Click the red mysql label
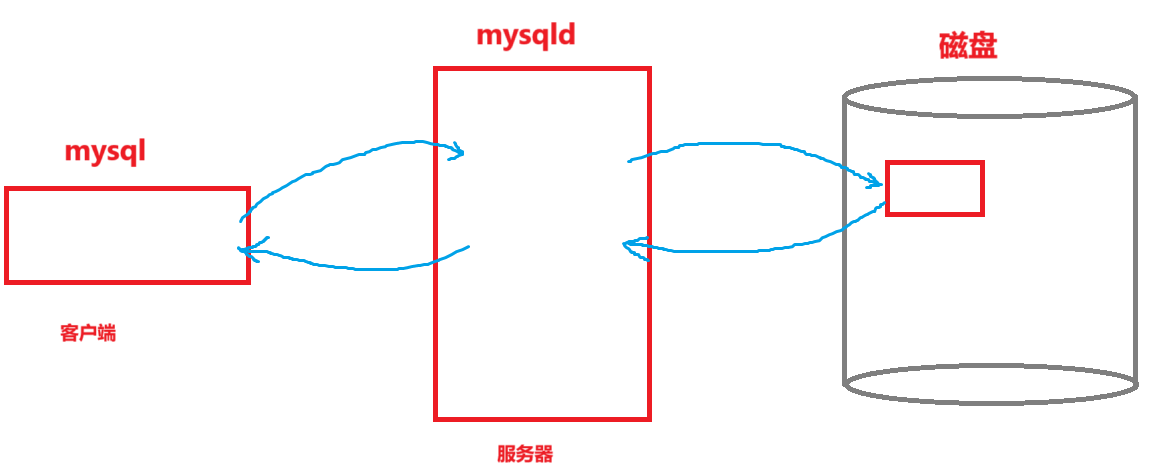click(x=105, y=152)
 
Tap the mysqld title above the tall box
click(x=526, y=36)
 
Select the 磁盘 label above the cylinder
click(x=967, y=46)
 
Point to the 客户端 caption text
click(x=88, y=333)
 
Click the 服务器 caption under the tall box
click(x=525, y=453)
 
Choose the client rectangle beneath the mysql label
click(x=127, y=235)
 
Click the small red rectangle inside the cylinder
click(x=935, y=188)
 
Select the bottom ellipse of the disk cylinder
click(x=989, y=385)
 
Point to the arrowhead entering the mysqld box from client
click(x=456, y=152)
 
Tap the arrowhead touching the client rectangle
click(x=246, y=251)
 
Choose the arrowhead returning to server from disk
click(x=630, y=245)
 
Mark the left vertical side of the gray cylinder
click(x=845, y=240)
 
